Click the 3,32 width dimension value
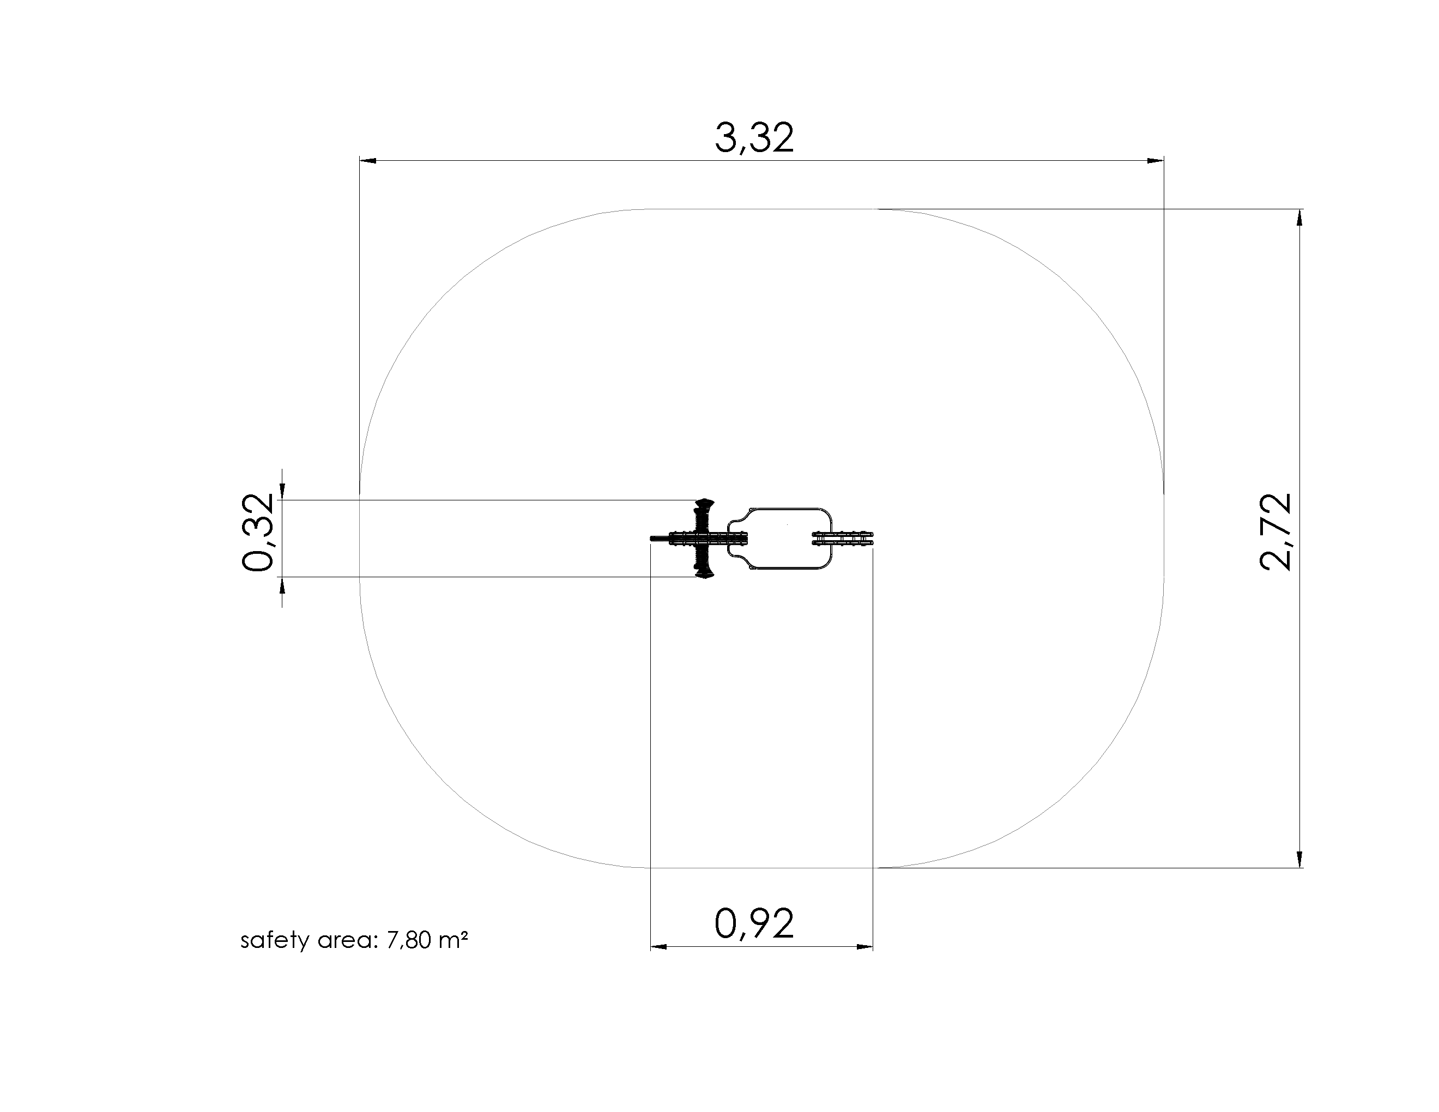click(x=754, y=138)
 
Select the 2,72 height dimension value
click(x=1275, y=531)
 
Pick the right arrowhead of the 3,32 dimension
click(x=1156, y=160)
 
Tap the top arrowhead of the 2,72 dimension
click(x=1299, y=218)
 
